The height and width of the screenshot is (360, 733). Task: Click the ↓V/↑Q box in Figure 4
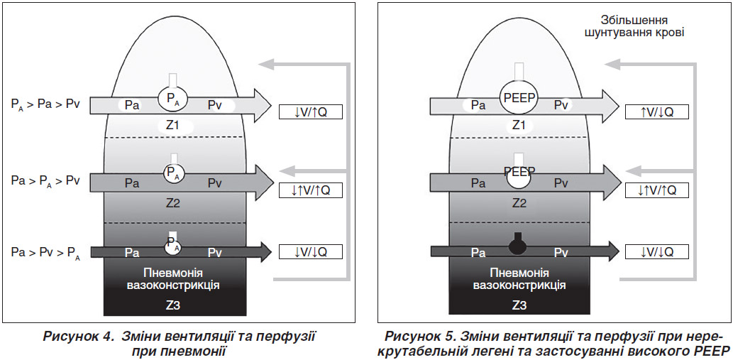[310, 112]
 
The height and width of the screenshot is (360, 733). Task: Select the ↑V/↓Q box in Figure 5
[657, 112]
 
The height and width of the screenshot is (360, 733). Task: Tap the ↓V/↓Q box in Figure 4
[310, 251]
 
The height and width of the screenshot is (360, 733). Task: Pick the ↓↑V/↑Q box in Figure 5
[657, 190]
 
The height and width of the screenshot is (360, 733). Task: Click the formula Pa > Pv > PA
[45, 253]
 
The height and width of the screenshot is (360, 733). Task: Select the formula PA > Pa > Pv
[45, 104]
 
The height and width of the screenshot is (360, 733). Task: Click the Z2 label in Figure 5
[519, 203]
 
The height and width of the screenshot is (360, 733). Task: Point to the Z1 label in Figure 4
[173, 125]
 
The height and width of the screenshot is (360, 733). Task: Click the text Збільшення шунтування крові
[634, 27]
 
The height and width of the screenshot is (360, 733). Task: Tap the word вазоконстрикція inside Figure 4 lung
[173, 285]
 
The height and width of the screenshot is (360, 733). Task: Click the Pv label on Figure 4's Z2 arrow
[215, 183]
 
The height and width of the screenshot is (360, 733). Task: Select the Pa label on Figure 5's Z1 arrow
[478, 106]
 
